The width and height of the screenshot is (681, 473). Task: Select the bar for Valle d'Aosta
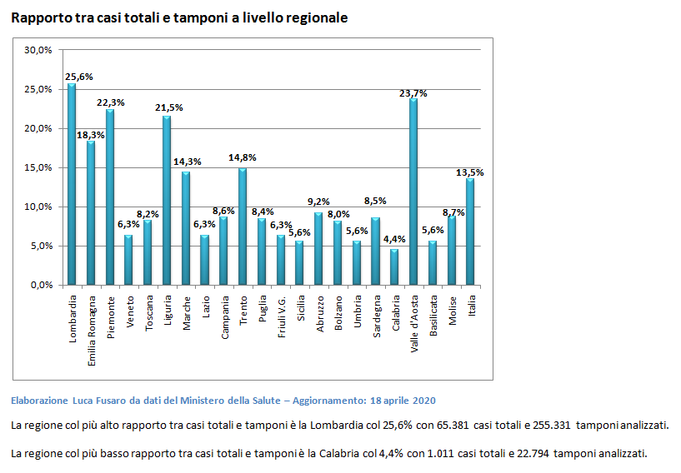tap(413, 192)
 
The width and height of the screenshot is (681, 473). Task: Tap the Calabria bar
tap(394, 267)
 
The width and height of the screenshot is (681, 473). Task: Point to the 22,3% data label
tap(111, 103)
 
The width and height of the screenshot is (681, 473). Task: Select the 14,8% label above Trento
tap(243, 157)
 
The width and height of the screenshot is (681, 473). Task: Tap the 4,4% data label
tap(394, 240)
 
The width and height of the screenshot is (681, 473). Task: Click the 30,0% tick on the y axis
tap(38, 50)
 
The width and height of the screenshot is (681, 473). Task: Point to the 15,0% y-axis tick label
tap(38, 167)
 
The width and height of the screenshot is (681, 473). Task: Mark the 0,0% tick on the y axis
tap(41, 285)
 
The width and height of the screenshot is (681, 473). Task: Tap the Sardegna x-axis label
tap(377, 316)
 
